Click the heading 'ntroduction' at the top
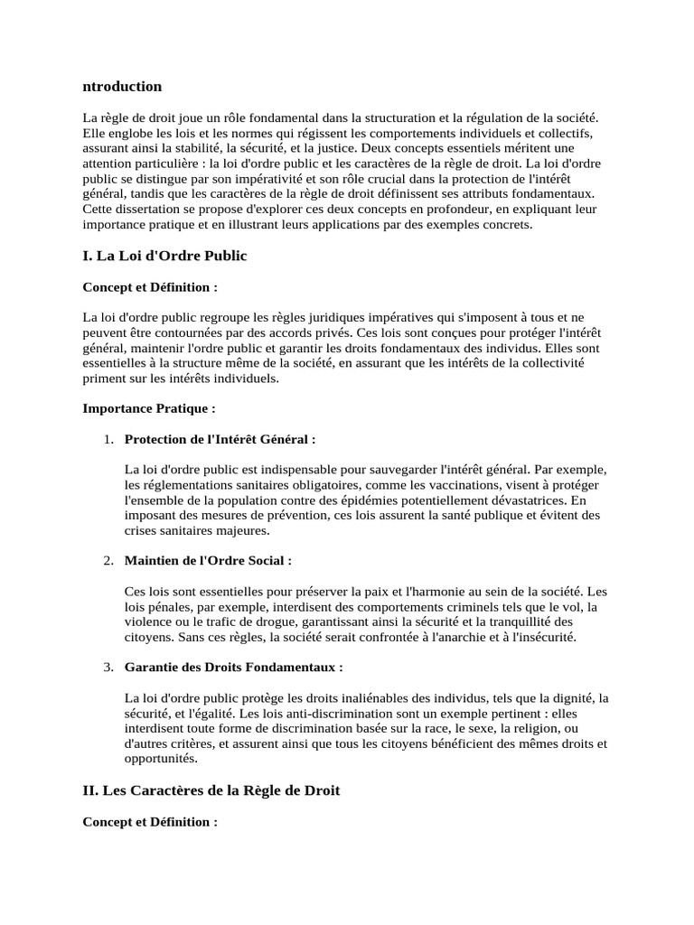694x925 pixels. [122, 87]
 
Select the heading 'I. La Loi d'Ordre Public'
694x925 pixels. [164, 257]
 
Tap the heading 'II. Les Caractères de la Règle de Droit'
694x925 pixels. [211, 791]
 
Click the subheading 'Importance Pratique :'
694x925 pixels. [149, 408]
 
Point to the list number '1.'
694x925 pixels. [108, 439]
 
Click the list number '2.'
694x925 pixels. [108, 561]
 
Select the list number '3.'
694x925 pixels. [108, 668]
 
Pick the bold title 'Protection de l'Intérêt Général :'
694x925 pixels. [220, 439]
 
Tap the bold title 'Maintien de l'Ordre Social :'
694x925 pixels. [208, 561]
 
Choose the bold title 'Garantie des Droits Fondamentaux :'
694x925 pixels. [233, 668]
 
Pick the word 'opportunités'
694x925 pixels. [160, 760]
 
